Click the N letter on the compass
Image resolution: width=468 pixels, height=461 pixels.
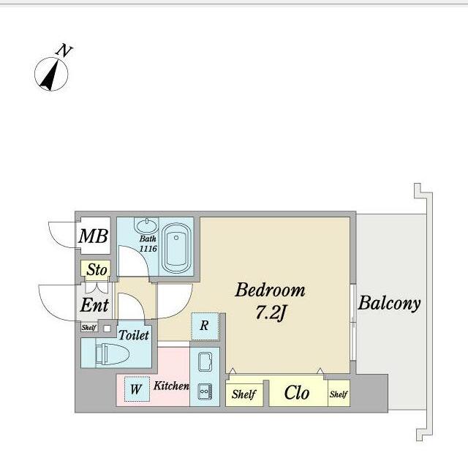[64, 50]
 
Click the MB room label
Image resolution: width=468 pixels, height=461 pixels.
[93, 236]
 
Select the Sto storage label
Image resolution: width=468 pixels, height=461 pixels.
[97, 269]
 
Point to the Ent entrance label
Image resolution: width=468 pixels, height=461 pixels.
[94, 305]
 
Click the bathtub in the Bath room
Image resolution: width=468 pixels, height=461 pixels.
[176, 247]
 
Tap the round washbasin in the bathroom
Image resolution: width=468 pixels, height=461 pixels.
[146, 225]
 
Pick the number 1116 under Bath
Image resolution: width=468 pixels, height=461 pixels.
[148, 248]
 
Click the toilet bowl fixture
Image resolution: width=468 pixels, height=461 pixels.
[112, 354]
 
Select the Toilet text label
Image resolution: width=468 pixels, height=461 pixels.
[134, 335]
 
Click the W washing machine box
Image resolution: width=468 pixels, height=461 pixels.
[137, 389]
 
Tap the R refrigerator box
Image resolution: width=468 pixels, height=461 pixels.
[205, 326]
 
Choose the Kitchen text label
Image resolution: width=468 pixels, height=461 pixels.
[171, 386]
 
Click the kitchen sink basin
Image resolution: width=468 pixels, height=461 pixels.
[205, 361]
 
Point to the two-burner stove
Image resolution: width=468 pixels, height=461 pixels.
[205, 391]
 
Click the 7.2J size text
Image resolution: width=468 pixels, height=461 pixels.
[271, 313]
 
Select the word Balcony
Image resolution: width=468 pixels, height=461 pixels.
[389, 304]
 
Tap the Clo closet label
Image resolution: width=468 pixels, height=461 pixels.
[297, 392]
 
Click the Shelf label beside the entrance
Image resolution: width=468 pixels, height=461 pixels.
[88, 327]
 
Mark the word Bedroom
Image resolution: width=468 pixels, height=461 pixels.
[270, 290]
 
